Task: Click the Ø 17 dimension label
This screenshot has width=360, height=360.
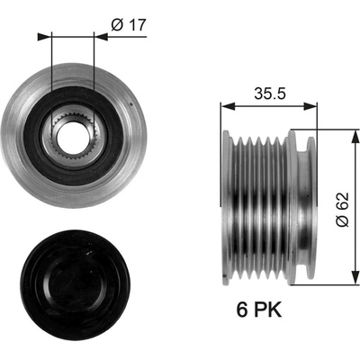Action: point(128,24)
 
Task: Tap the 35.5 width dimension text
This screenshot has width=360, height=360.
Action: point(270,94)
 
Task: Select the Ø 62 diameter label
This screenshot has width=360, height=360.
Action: point(343,210)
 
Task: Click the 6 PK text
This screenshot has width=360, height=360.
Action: point(259,310)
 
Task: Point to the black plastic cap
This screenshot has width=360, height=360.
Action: point(75,285)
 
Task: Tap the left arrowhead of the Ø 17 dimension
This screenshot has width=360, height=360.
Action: point(44,37)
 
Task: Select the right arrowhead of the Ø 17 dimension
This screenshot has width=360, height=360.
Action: point(101,37)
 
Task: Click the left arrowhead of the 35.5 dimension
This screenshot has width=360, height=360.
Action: point(228,106)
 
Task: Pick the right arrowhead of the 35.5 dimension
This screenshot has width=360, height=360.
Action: point(310,106)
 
